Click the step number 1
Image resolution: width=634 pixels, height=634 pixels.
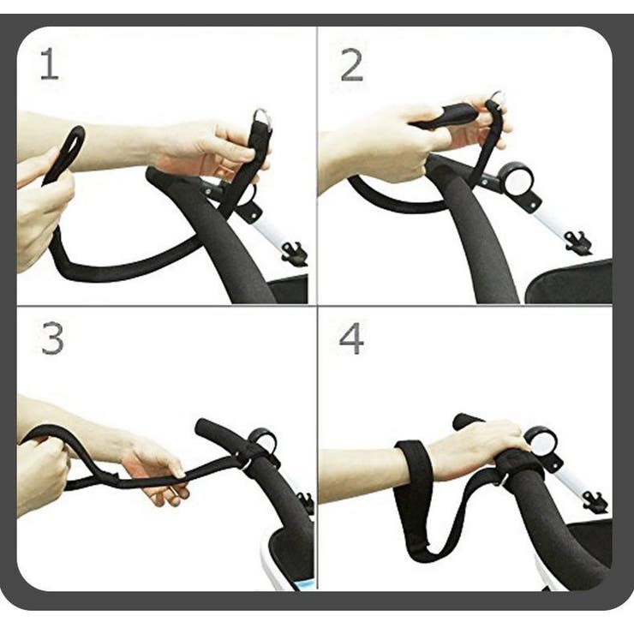click(50, 63)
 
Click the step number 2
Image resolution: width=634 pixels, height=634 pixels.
click(351, 65)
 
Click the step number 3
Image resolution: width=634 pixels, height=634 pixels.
click(52, 338)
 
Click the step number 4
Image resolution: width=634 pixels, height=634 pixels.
click(351, 338)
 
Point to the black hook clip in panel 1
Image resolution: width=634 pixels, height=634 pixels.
click(295, 253)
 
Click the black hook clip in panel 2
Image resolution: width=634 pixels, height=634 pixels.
click(578, 242)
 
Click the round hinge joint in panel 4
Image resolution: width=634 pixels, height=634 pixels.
click(541, 443)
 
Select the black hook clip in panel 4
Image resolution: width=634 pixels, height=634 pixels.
click(595, 502)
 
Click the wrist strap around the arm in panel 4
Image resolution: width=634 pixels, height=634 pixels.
click(413, 465)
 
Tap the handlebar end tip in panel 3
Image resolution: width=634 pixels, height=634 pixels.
click(202, 427)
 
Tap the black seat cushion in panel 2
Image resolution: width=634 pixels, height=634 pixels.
click(570, 283)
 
